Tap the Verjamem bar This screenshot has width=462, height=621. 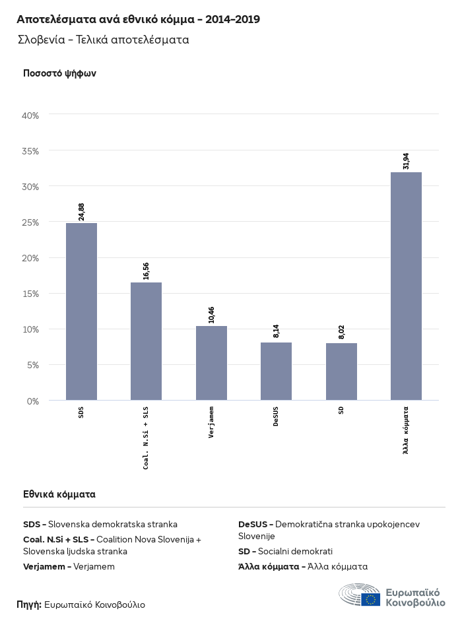[x=211, y=363]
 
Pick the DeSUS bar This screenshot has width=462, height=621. [x=276, y=371]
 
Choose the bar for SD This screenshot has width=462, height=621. [x=341, y=372]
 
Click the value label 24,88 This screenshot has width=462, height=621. [x=81, y=211]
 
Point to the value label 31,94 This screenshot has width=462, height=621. [x=406, y=161]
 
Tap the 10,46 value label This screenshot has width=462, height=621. [x=211, y=315]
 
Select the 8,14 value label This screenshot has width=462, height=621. [x=276, y=330]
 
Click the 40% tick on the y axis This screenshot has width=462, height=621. [x=31, y=115]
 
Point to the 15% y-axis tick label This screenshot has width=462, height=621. [x=31, y=294]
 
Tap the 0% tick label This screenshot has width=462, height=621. [x=33, y=401]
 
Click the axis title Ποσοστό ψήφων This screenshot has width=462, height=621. [x=59, y=73]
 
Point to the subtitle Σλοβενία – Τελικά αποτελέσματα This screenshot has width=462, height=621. [x=104, y=40]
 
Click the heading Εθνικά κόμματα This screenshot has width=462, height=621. [x=59, y=494]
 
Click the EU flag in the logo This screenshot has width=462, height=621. [x=370, y=599]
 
